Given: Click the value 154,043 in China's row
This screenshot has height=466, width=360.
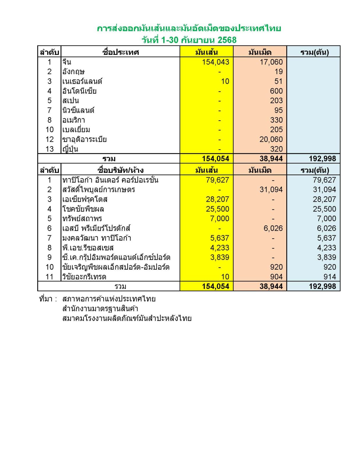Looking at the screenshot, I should click(x=216, y=62).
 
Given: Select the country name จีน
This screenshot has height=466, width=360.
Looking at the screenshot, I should click(x=67, y=62).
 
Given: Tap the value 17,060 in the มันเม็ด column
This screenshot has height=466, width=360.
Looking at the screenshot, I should click(x=271, y=62).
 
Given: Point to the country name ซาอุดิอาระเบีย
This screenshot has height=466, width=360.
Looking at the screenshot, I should click(x=84, y=140).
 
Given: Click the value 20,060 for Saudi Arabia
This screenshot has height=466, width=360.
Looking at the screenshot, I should click(x=271, y=140).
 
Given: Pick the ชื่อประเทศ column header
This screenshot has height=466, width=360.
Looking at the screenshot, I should click(x=120, y=52).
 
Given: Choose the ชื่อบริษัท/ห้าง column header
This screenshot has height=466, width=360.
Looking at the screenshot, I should click(x=120, y=170).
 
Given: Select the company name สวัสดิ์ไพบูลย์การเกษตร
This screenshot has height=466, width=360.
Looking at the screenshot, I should click(x=98, y=190).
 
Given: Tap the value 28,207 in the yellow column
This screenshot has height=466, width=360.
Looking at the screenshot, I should click(x=217, y=199).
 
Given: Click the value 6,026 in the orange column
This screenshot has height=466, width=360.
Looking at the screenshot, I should click(x=273, y=228).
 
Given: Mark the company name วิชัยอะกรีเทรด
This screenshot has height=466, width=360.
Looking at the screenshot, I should click(x=84, y=277).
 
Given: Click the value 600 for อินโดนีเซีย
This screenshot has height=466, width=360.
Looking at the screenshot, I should click(x=276, y=91).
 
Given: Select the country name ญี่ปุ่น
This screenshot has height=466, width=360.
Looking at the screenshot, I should click(x=70, y=149).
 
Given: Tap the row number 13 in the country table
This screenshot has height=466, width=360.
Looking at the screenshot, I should click(x=50, y=149).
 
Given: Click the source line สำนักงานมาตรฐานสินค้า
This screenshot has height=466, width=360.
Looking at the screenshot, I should click(x=100, y=308).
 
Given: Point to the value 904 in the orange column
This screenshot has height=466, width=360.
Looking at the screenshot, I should click(x=276, y=277).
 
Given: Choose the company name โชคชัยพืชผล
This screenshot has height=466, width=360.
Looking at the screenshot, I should click(x=83, y=209).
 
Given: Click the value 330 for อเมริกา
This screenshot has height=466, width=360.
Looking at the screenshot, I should click(x=276, y=120).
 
